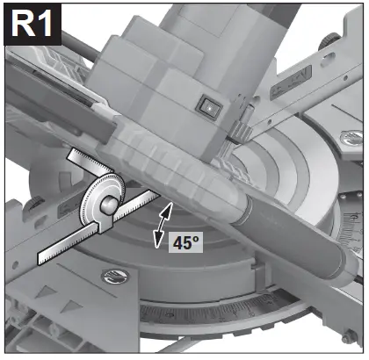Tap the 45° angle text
pos(184,241)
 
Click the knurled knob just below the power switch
pos(235,132)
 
